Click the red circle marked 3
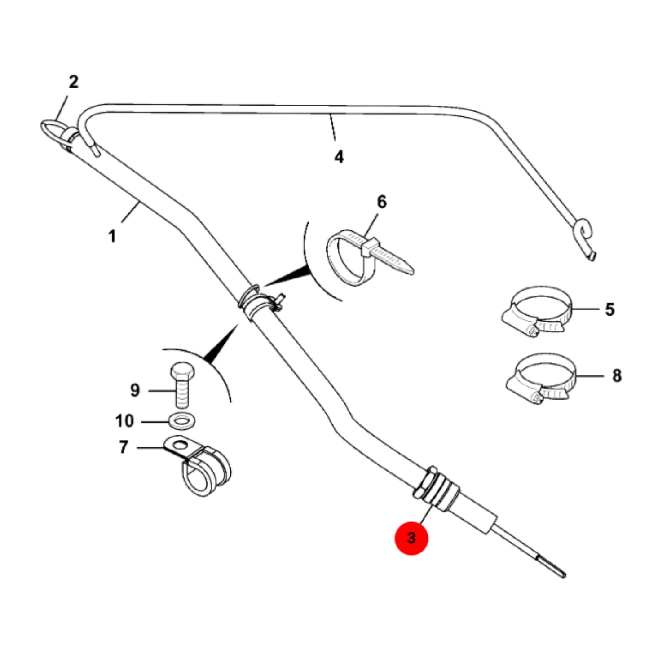[x=411, y=538]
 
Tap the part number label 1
[x=112, y=236]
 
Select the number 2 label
[x=73, y=82]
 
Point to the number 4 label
[x=339, y=157]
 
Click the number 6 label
[x=381, y=202]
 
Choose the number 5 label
[x=609, y=309]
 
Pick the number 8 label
[x=617, y=375]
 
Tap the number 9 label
[x=135, y=390]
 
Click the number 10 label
[x=124, y=421]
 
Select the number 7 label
[x=124, y=447]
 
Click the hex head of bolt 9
[x=182, y=372]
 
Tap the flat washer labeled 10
[x=182, y=421]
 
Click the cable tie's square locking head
[x=370, y=247]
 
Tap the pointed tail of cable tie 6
[x=409, y=270]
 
